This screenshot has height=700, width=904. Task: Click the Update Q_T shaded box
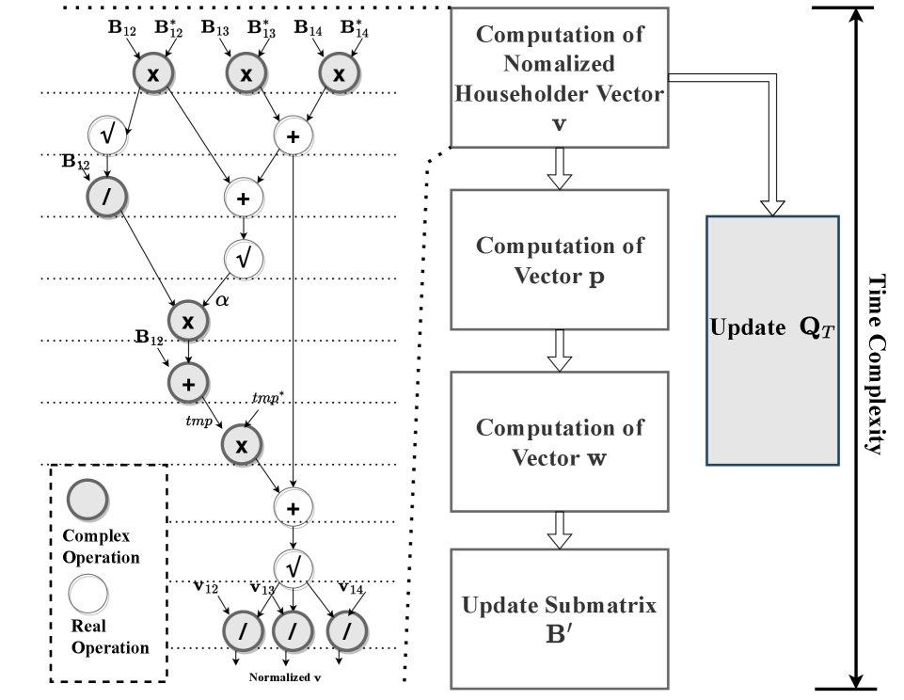772,340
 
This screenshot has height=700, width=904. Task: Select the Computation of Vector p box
560,259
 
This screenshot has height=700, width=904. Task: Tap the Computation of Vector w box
560,441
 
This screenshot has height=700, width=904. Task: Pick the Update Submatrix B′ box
560,617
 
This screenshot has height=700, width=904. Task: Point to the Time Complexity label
874,365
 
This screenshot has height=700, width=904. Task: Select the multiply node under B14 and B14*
340,74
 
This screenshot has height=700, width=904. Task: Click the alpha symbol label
222,301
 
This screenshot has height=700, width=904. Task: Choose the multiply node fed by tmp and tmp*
242,445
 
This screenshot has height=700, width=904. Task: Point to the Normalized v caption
285,677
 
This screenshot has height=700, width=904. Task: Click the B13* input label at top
262,27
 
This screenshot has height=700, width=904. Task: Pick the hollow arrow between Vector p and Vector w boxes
560,350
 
